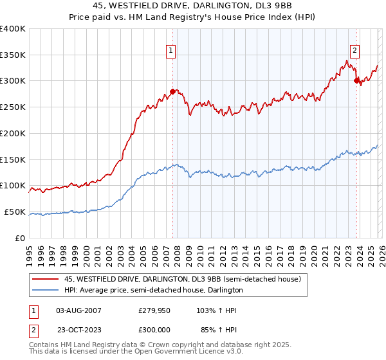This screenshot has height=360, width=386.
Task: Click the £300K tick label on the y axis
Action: coord(13,81)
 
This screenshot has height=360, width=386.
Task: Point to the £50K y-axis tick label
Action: coord(15,212)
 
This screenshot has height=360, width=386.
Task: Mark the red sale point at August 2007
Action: coord(172,91)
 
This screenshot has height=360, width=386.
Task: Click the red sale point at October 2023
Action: coord(356,81)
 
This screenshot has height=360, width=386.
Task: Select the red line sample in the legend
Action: coord(46,279)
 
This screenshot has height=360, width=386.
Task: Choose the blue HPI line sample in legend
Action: coord(46,290)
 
